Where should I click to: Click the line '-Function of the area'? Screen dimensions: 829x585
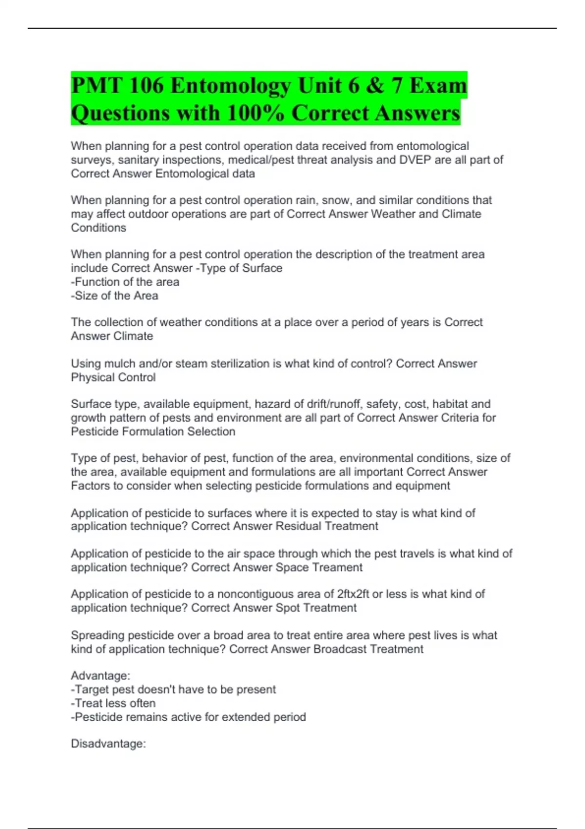pos(125,282)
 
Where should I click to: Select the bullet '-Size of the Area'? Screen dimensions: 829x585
pos(115,296)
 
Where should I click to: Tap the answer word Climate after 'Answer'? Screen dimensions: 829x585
pos(133,336)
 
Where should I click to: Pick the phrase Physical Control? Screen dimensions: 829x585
pos(113,377)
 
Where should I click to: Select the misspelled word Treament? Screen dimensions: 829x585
pos(337,568)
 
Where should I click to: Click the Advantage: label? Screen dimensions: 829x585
pos(100,676)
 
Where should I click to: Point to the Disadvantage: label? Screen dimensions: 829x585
pos(108,744)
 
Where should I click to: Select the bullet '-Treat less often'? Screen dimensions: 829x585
pos(114,703)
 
